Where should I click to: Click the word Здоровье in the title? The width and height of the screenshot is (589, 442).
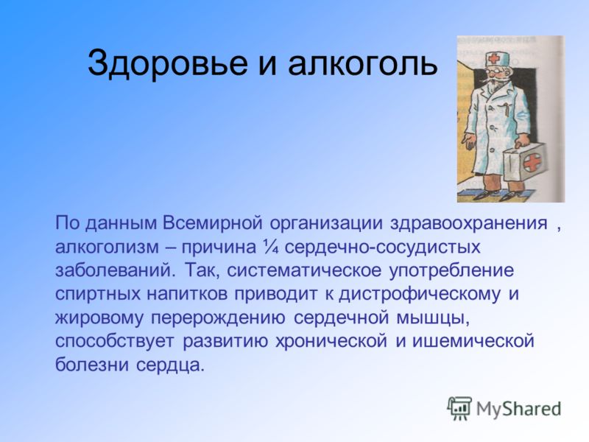pos(168,63)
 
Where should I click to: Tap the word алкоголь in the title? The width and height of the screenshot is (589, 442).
pos(363,63)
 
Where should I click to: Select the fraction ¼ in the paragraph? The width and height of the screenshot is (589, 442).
pos(271,247)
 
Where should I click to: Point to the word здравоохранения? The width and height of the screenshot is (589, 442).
pos(468,224)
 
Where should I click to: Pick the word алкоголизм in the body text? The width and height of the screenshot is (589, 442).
pos(107,248)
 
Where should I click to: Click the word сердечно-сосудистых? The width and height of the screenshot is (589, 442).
pos(383,248)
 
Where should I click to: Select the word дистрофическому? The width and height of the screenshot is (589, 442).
pos(420,294)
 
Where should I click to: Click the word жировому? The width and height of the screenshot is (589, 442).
pos(99,318)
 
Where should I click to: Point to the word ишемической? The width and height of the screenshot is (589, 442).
pos(473,341)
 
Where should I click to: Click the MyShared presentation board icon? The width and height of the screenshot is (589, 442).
pos(459,408)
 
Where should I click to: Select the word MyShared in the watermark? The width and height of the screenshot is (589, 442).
pos(519,409)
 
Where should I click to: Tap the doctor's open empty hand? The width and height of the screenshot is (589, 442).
pos(468,142)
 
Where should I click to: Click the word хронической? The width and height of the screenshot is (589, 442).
pos(331,341)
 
